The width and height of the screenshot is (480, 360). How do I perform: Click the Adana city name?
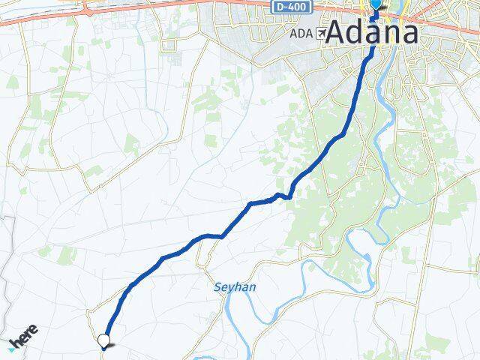(372, 33)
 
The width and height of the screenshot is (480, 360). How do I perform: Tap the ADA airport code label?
(300, 34)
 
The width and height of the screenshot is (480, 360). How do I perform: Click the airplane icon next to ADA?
(321, 34)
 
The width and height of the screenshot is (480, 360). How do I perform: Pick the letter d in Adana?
(357, 33)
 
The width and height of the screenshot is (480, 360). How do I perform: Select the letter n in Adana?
(391, 34)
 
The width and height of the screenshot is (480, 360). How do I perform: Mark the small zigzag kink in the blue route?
(282, 196)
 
